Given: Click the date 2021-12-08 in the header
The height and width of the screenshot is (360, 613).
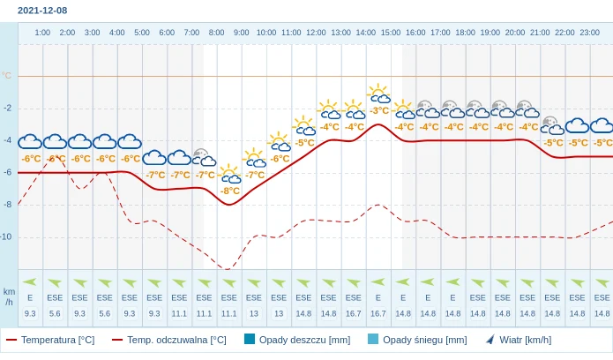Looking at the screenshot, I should (x=42, y=10).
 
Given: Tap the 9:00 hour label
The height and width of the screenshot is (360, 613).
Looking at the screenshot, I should (x=241, y=33).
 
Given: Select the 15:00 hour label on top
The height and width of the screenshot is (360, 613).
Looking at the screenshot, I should (x=390, y=33).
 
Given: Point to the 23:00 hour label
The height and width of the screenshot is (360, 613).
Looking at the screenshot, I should (x=589, y=33).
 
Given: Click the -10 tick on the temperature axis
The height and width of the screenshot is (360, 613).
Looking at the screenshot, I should (x=7, y=236).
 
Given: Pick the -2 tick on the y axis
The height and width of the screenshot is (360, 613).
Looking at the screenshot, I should (x=8, y=108).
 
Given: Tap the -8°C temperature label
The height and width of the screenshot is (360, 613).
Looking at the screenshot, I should (x=230, y=191).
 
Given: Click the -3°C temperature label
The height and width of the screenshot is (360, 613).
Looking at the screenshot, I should (x=379, y=110).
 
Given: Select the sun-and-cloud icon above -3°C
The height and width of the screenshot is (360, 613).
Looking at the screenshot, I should (x=379, y=94).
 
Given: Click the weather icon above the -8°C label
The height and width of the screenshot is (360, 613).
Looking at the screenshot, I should (x=230, y=174).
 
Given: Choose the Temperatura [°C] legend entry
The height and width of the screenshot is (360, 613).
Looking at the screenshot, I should (x=50, y=340).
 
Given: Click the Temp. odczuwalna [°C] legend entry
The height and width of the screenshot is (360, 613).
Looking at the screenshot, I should (x=168, y=340).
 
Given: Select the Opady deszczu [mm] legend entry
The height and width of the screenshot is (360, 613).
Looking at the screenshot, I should (x=297, y=340).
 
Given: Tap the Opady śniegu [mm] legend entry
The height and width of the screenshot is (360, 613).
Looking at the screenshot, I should (x=417, y=340).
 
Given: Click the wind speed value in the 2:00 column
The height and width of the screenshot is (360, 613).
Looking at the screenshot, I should (x=55, y=313).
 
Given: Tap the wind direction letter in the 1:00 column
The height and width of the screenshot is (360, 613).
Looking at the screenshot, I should (x=30, y=297).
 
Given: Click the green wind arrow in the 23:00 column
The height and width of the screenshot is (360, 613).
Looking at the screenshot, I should (x=602, y=282).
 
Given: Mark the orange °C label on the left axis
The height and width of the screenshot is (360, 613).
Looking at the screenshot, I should (x=7, y=76).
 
